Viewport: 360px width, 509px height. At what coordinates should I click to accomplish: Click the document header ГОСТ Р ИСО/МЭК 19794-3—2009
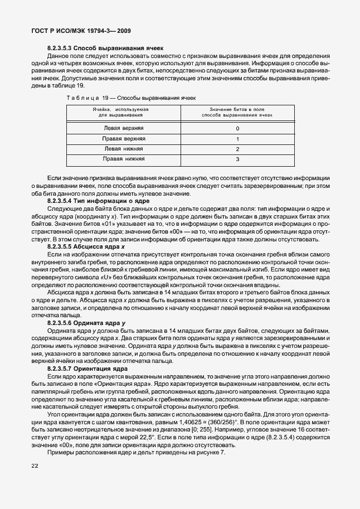(81, 32)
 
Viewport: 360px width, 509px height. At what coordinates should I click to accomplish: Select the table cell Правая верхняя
(123, 138)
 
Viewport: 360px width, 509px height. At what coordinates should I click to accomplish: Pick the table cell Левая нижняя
(123, 149)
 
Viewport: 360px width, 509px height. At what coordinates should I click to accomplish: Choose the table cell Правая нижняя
(123, 159)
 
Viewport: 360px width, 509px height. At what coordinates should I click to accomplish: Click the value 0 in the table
(237, 128)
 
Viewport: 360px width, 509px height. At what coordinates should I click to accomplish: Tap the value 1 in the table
(237, 139)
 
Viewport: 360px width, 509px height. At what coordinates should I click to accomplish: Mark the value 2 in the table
(237, 149)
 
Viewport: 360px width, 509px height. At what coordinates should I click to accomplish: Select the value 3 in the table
(237, 160)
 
